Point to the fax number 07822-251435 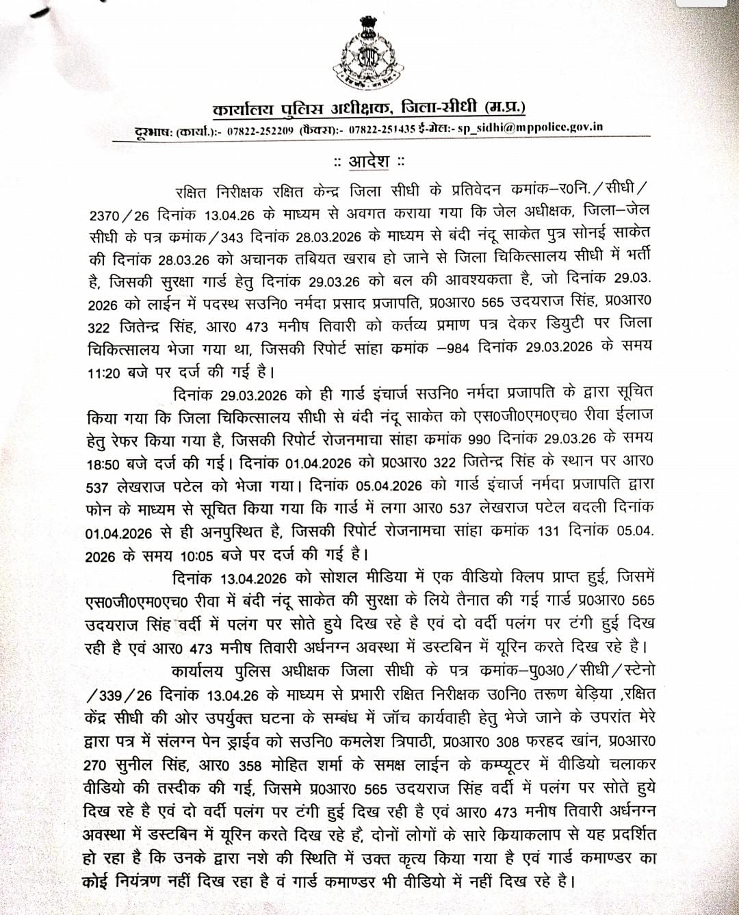382,129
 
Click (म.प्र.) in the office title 504,107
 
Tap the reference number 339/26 119,695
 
